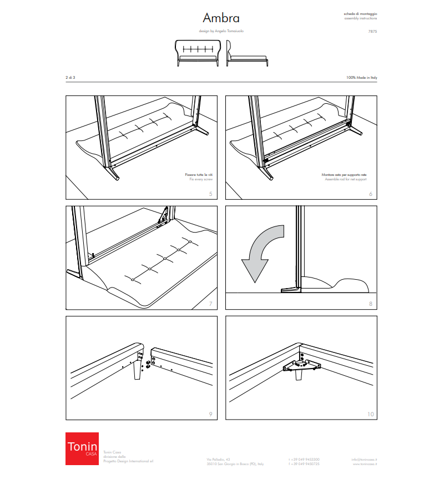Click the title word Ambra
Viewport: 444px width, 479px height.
[221, 18]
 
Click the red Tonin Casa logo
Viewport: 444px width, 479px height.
[82, 448]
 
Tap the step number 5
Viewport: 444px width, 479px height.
[210, 194]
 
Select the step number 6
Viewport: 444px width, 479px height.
[370, 194]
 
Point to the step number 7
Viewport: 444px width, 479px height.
[210, 304]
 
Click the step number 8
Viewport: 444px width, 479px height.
[370, 304]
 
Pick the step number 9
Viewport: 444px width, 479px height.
[210, 414]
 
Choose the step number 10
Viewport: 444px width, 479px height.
[370, 414]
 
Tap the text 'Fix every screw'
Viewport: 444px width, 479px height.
[200, 180]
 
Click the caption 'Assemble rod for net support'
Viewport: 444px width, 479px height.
[345, 180]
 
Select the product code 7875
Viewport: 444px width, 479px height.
[372, 32]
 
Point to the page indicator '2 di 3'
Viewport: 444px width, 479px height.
[70, 78]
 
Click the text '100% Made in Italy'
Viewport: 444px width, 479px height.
[361, 78]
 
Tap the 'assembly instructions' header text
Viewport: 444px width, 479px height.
[361, 18]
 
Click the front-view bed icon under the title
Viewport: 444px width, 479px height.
[198, 52]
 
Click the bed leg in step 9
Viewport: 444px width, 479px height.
[136, 371]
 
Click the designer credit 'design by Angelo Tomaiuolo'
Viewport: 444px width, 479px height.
[221, 32]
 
